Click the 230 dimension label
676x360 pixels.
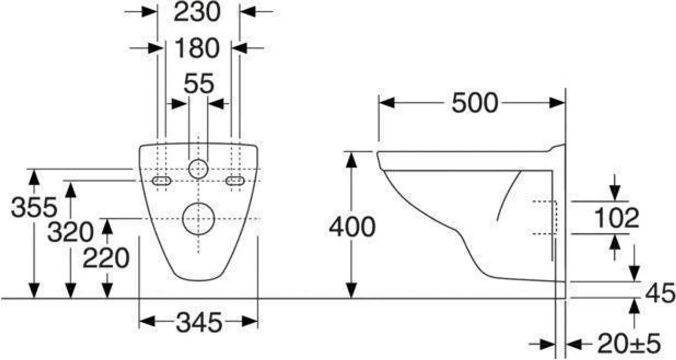point(197,12)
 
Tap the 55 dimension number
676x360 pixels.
point(199,84)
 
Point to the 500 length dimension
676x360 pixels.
point(474,103)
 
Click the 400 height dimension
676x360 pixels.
point(352,227)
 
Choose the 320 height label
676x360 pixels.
point(70,232)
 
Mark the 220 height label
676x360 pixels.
point(106,258)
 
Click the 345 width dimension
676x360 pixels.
point(199,323)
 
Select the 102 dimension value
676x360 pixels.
point(616,218)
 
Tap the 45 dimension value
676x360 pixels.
point(660,293)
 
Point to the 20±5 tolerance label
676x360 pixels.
point(629,343)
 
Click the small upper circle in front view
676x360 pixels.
point(198,169)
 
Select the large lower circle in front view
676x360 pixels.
point(198,219)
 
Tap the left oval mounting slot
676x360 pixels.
point(162,181)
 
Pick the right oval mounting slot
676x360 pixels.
point(235,181)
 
